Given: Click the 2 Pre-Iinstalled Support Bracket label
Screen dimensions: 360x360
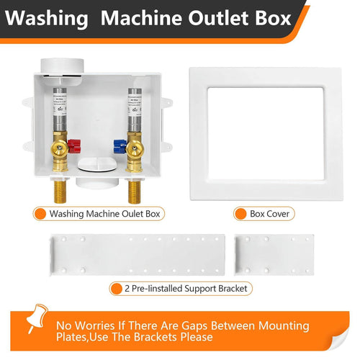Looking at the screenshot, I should pos(187,289).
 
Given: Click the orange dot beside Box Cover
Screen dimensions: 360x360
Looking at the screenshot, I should pos(240,214).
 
